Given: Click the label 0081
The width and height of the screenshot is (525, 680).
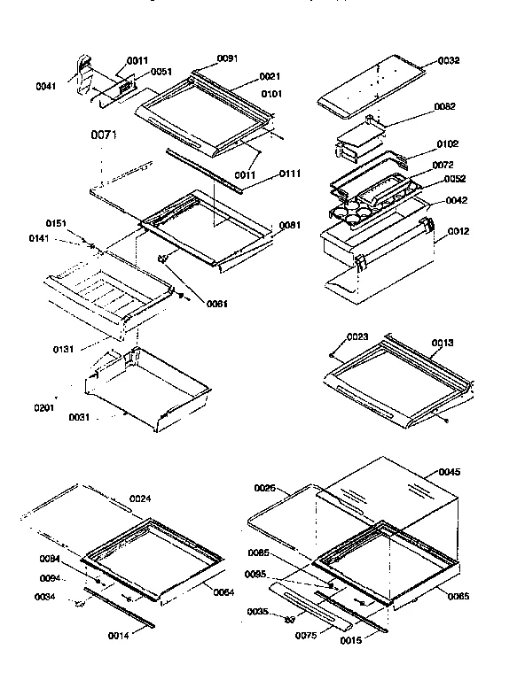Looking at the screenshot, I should [x=290, y=225].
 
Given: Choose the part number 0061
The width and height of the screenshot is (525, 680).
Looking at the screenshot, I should [x=216, y=304].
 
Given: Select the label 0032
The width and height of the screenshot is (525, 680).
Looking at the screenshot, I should [x=449, y=61].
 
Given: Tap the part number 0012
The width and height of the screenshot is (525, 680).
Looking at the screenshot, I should [x=459, y=231].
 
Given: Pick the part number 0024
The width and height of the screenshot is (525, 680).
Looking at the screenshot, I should [x=140, y=498].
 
